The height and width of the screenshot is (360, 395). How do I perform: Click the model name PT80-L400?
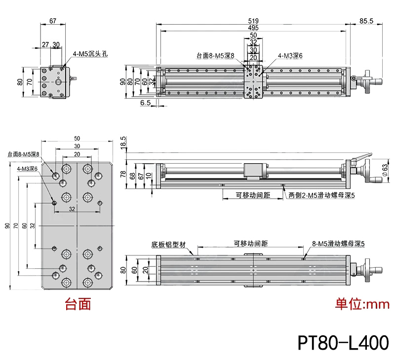[x=343, y=342]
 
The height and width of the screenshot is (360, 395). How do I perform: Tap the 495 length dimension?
[x=253, y=28]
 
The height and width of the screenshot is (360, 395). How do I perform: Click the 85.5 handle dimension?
[x=366, y=21]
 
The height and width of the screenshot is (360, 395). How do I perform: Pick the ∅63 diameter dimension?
[x=386, y=170]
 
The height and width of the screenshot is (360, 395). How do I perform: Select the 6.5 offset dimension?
[x=145, y=103]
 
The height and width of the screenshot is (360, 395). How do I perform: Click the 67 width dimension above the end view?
[x=53, y=21]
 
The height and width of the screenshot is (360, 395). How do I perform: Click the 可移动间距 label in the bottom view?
[x=250, y=243]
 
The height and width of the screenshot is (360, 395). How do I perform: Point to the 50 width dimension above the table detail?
[x=77, y=138]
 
